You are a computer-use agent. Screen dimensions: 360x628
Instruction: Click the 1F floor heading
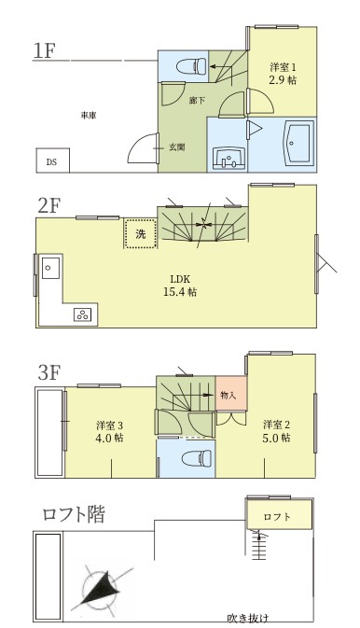45,51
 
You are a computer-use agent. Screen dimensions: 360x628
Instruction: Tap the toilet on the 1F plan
191,65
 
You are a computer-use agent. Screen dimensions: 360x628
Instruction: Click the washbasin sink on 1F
228,158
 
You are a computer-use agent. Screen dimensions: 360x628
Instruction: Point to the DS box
53,160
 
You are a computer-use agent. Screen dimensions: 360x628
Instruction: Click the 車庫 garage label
89,116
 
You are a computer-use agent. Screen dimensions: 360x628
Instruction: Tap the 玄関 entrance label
176,147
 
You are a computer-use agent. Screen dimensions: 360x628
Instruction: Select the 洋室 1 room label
283,66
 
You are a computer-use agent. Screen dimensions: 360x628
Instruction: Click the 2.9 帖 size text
283,79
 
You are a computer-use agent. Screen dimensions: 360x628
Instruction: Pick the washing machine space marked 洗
140,233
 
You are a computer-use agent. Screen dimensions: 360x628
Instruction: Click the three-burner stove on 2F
83,314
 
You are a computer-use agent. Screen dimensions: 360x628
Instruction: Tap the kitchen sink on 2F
51,268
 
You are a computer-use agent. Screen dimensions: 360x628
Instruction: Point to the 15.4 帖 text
180,292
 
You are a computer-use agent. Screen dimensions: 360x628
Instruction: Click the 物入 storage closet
231,393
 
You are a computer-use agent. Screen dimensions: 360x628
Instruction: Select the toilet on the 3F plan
197,458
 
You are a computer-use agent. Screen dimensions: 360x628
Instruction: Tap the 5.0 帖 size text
277,438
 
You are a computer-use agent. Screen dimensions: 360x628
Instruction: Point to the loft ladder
259,544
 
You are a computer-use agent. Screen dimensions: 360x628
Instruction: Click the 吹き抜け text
248,618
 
